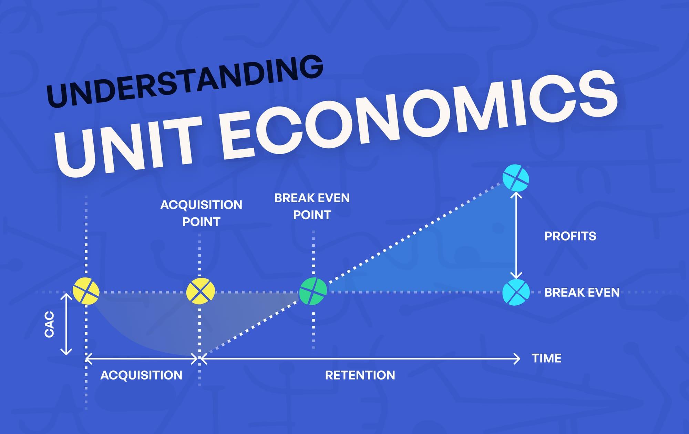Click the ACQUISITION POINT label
[201, 213]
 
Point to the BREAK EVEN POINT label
[312, 206]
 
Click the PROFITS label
[570, 236]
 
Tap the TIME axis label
[546, 358]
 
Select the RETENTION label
[360, 375]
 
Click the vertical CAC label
[50, 324]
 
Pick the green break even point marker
[313, 292]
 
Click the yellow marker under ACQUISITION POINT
[200, 292]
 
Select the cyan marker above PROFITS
[516, 178]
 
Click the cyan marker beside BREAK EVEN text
[516, 292]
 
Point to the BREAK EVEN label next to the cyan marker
[582, 293]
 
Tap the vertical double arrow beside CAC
[66, 324]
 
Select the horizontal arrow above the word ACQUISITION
[142, 359]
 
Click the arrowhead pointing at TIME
[517, 359]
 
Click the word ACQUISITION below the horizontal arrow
[141, 375]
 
